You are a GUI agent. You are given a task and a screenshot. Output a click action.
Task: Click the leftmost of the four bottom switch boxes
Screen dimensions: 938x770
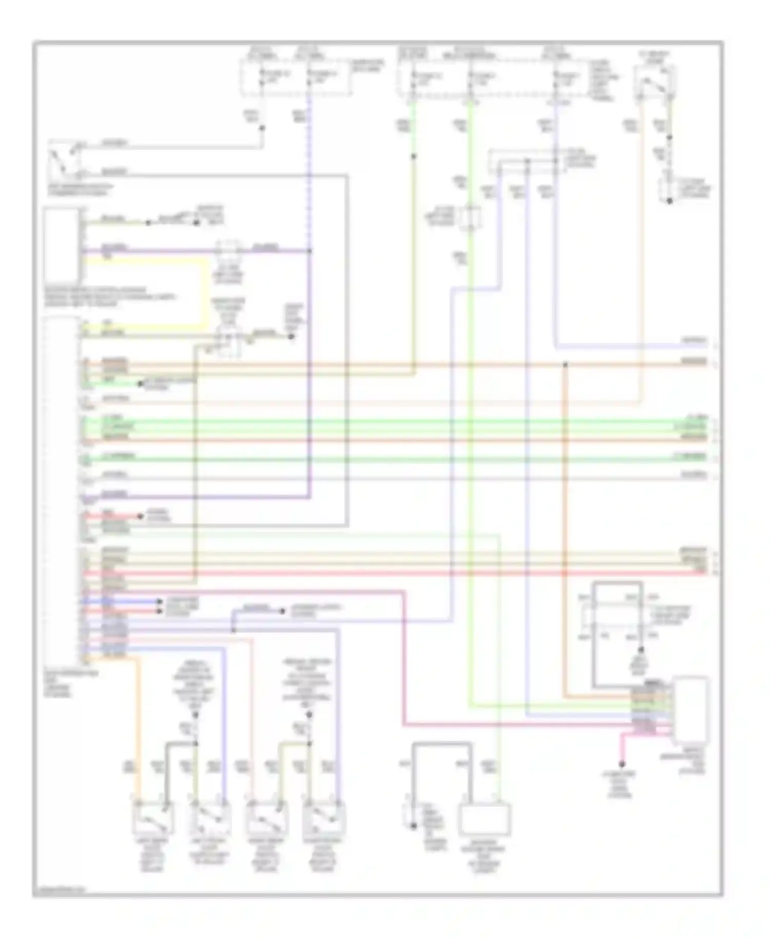coord(153,819)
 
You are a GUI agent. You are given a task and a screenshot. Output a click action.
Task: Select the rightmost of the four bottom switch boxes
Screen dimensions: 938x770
coord(324,819)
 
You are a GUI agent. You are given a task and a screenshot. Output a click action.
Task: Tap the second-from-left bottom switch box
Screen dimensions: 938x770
coord(210,819)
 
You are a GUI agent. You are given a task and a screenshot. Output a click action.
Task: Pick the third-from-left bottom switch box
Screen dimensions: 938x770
coord(267,819)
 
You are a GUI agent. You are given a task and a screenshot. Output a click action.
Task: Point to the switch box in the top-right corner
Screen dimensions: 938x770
coord(654,82)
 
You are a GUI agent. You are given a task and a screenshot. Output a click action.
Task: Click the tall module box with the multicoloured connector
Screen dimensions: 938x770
coord(690,711)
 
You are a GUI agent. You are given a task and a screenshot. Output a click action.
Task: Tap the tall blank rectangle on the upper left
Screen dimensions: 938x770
coord(62,245)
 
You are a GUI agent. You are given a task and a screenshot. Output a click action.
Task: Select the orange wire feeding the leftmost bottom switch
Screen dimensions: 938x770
coord(138,729)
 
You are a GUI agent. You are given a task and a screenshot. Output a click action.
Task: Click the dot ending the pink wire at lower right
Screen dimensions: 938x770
coord(622,764)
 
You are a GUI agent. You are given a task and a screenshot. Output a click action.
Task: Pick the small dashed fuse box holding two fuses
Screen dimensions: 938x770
coord(296,77)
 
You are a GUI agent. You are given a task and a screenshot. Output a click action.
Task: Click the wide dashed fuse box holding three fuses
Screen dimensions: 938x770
coord(493,78)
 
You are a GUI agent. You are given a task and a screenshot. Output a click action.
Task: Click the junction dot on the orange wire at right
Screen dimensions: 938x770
coord(565,365)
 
